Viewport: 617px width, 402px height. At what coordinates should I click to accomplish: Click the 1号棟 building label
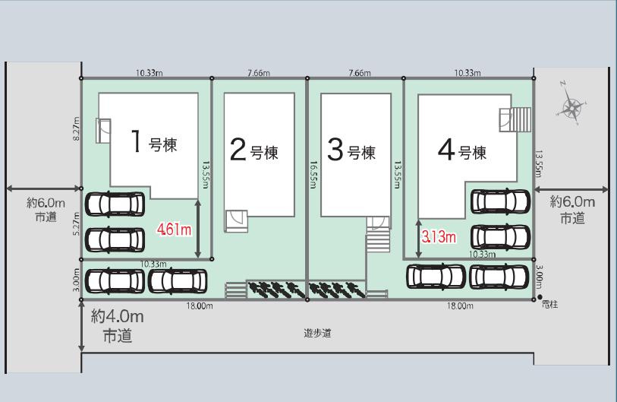coord(155,143)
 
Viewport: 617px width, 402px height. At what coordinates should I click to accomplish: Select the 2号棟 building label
coord(253,151)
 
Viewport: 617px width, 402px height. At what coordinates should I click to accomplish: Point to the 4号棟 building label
coord(461,151)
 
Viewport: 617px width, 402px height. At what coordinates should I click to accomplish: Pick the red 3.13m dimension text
coord(439,237)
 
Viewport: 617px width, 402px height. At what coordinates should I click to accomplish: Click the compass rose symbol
coord(571,106)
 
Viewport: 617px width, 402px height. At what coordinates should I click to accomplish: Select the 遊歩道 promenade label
coord(317,333)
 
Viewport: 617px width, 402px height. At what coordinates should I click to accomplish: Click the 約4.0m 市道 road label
coord(116,326)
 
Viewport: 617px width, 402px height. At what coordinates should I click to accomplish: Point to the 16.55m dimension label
coord(313,173)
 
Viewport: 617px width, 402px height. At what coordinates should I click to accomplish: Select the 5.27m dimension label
coord(75,223)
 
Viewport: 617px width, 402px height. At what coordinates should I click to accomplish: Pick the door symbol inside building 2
coord(235,220)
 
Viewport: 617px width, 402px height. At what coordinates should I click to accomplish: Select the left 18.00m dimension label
coord(197,306)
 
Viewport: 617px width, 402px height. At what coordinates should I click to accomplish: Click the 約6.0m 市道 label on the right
coord(572,210)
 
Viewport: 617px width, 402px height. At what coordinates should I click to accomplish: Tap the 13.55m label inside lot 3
coord(398,174)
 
